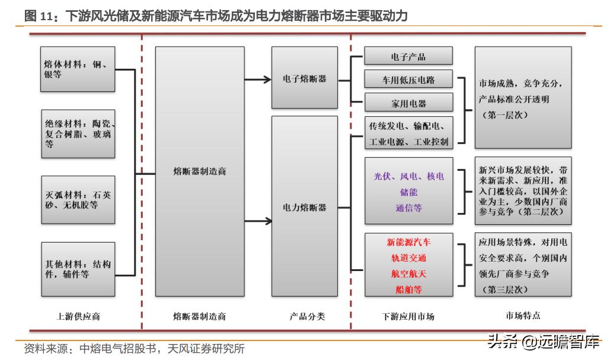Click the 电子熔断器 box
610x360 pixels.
pyautogui.click(x=305, y=78)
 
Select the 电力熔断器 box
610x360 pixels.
pyautogui.click(x=305, y=207)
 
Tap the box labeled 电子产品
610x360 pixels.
pyautogui.click(x=408, y=56)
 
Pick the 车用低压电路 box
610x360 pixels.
pyautogui.click(x=408, y=79)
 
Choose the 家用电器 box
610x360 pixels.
pyautogui.click(x=408, y=103)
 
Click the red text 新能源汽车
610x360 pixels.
pyautogui.click(x=408, y=243)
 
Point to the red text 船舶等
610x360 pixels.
pyautogui.click(x=408, y=289)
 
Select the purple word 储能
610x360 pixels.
pyautogui.click(x=408, y=192)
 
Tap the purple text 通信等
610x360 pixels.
pyautogui.click(x=408, y=208)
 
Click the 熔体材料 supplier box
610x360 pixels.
pyautogui.click(x=79, y=69)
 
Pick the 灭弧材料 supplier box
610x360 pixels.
pyautogui.click(x=79, y=200)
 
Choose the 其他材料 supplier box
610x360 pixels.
pyautogui.click(x=79, y=269)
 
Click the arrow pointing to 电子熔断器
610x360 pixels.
pyautogui.click(x=260, y=78)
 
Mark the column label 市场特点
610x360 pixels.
pyautogui.click(x=523, y=316)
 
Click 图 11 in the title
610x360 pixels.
pyautogui.click(x=39, y=16)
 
